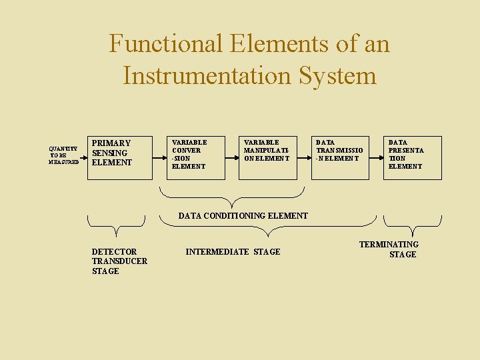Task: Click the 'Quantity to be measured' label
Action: click(63, 155)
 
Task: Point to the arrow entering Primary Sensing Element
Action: click(84, 159)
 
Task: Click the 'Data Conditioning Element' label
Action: click(243, 216)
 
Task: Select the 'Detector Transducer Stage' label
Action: click(119, 261)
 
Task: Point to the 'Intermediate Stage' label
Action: click(233, 252)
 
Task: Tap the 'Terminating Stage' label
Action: click(390, 249)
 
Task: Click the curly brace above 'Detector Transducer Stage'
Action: click(117, 225)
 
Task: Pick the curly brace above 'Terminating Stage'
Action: click(413, 225)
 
